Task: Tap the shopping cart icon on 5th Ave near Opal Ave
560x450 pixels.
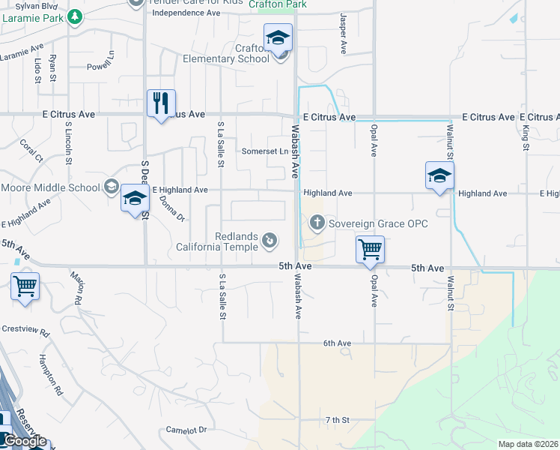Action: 371,250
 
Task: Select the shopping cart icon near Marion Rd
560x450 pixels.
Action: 25,286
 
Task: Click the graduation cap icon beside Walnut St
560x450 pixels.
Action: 439,175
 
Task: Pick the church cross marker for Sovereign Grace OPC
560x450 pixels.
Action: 317,222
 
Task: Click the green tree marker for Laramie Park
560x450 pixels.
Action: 74,17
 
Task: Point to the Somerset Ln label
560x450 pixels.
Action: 265,151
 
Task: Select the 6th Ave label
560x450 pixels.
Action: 337,343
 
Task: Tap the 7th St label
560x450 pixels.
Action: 338,419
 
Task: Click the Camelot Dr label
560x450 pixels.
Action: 186,430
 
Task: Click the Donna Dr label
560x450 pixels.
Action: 171,208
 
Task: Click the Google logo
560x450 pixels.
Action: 24,441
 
